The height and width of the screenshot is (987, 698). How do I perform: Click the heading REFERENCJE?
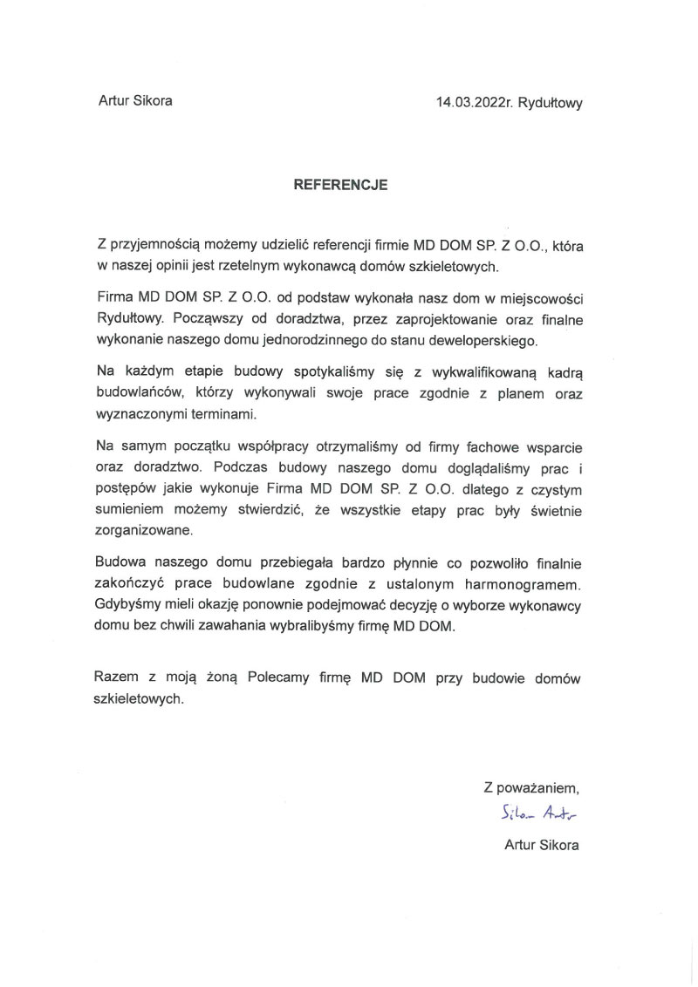(x=340, y=185)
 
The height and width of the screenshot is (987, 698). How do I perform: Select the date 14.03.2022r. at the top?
(x=475, y=101)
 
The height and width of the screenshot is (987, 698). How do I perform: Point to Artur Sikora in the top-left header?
(x=135, y=100)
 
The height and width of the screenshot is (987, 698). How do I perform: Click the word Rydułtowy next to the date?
(x=550, y=101)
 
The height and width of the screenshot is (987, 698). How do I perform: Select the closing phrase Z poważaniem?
(x=532, y=787)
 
